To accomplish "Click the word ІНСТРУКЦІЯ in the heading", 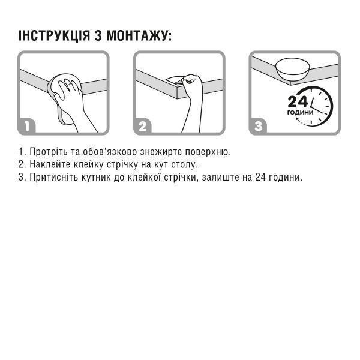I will click(55, 35).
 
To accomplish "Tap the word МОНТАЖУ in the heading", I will click(140, 35).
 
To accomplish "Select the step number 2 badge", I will click(143, 127).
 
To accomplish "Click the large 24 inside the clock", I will click(298, 102).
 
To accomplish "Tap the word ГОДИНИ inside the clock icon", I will click(300, 113).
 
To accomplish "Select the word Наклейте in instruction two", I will click(49, 164).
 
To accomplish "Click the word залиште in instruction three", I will click(226, 178).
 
